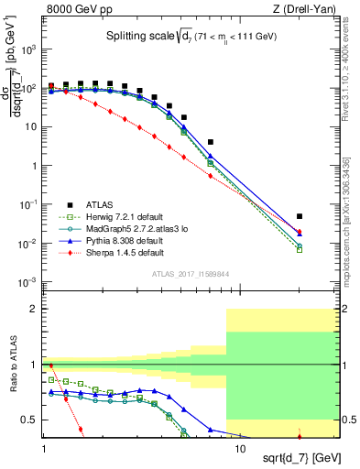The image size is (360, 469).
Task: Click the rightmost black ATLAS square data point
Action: pos(300,216)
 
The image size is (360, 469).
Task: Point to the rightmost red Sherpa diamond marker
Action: pos(300,234)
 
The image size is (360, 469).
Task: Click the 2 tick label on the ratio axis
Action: pos(34,310)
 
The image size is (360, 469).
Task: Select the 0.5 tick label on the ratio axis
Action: pos(30,420)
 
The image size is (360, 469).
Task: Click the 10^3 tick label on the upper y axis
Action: pos(29,50)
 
